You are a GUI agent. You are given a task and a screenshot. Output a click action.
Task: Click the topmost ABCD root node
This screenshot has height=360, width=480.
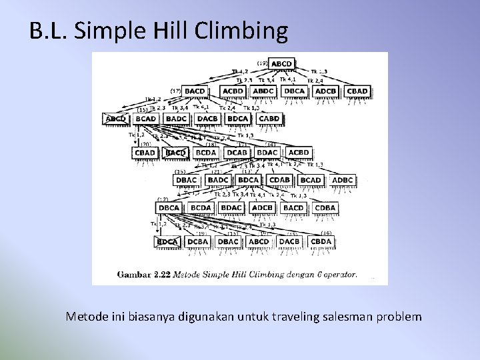tap(281, 64)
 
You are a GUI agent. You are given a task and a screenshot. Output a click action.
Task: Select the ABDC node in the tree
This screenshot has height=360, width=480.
tap(264, 91)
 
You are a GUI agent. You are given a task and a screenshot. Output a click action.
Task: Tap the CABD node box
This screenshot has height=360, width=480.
tap(269, 119)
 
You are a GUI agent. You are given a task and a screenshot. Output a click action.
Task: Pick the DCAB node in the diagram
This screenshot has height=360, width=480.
tap(237, 153)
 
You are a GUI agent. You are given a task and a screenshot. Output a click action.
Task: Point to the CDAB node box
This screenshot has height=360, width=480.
tap(279, 180)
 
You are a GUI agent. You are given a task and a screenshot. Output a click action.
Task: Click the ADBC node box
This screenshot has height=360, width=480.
tap(343, 180)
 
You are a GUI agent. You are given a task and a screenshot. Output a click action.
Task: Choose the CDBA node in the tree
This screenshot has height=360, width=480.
tap(325, 208)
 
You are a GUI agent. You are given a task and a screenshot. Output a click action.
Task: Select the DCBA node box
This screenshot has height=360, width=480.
tap(198, 241)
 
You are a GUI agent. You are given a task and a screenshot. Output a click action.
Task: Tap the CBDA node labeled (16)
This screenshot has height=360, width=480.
tap(321, 241)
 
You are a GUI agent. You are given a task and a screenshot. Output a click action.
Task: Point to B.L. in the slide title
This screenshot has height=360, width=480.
tap(49, 31)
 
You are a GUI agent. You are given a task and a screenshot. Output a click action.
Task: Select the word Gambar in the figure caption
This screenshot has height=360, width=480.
tap(135, 274)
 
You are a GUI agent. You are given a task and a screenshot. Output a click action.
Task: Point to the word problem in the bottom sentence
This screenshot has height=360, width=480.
tap(399, 317)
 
